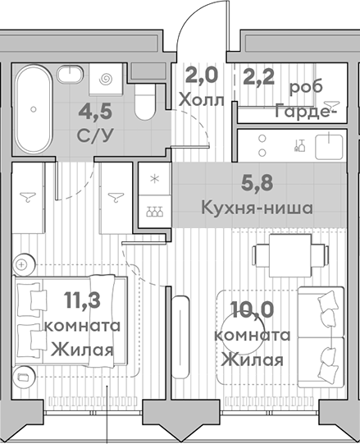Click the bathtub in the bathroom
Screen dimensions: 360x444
[34, 110]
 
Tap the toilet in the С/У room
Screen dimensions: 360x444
[145, 102]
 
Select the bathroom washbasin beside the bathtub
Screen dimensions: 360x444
[71, 74]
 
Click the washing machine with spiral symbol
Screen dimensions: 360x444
[106, 79]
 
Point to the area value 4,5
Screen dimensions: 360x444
[95, 112]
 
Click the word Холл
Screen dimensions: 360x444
[202, 100]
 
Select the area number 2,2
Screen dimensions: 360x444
[258, 76]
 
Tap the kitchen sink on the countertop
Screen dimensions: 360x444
[329, 146]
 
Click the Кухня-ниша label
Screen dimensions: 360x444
[257, 208]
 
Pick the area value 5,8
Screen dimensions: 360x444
[257, 183]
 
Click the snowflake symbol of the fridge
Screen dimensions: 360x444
[154, 179]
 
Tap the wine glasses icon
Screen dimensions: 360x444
[154, 211]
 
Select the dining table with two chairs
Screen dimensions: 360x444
[290, 255]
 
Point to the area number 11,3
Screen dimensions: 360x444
[82, 300]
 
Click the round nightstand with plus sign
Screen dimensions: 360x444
[24, 264]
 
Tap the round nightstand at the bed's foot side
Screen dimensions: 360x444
[24, 376]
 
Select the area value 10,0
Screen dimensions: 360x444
[252, 309]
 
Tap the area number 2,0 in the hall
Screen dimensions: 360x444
[202, 75]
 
